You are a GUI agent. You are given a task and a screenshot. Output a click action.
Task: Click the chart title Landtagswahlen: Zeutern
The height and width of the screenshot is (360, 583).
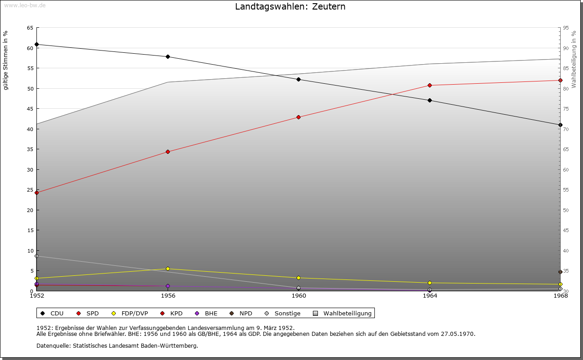290,7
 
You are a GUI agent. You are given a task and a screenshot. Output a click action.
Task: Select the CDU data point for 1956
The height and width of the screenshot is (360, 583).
168,57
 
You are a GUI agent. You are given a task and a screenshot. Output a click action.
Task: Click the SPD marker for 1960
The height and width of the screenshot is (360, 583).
298,117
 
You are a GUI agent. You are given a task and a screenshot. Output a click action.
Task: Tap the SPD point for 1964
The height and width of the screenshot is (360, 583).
430,86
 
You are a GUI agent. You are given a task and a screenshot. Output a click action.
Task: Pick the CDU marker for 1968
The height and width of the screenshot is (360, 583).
560,125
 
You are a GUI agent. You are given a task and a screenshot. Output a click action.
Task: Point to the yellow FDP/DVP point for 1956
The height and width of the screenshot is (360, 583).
168,269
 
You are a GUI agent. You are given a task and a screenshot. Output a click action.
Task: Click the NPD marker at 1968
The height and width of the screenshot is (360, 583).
560,272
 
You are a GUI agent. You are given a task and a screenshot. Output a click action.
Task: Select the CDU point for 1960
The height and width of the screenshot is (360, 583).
298,80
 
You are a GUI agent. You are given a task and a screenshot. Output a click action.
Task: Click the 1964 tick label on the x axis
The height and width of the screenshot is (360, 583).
430,296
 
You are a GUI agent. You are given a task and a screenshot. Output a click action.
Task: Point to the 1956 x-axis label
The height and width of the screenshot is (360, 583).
168,296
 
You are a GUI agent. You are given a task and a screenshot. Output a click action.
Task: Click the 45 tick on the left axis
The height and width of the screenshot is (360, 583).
30,109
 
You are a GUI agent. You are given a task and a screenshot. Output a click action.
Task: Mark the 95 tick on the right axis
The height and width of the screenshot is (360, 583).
566,28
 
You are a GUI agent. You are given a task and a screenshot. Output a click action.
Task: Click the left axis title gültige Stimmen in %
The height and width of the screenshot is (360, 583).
6,60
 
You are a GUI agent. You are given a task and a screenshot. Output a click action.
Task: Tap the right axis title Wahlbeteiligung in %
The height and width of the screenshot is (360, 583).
574,59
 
